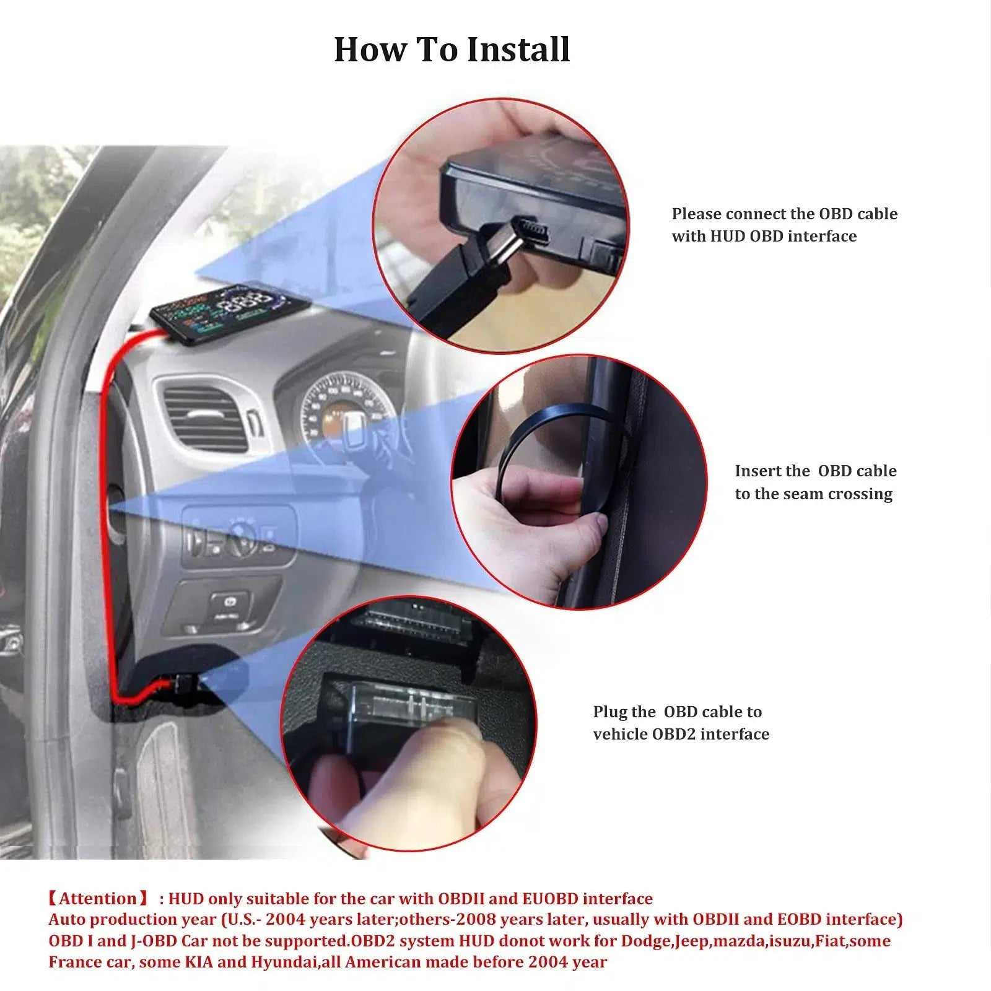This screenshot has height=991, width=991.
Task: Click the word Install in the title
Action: pyautogui.click(x=518, y=50)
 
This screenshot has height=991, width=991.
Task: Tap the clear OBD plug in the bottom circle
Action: pyautogui.click(x=396, y=706)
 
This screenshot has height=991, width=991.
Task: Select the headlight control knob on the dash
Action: pyautogui.click(x=243, y=538)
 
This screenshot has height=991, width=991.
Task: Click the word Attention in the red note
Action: pyautogui.click(x=98, y=898)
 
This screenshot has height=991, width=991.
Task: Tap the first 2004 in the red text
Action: pyautogui.click(x=286, y=919)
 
